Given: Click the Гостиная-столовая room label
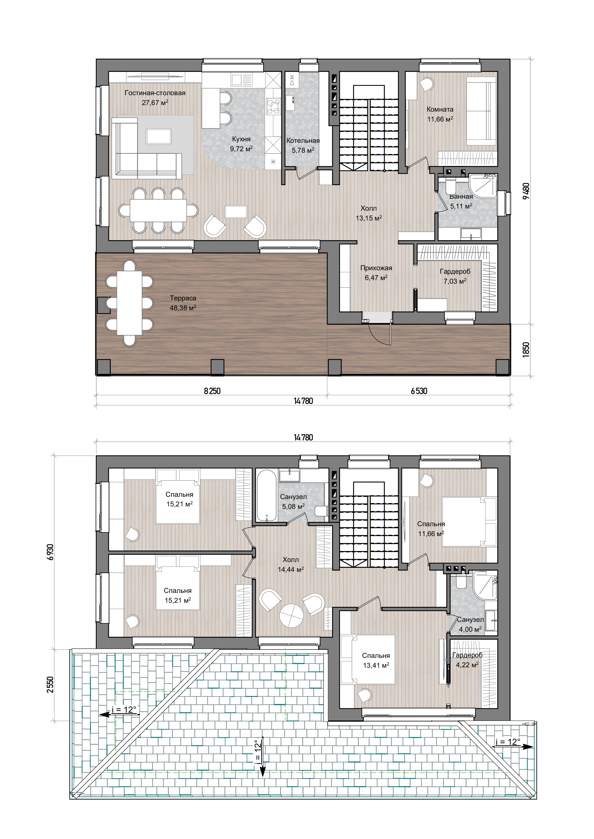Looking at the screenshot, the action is point(155,93).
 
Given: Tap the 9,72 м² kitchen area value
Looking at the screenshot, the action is point(241,149).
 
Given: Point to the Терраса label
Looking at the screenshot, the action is point(183,298).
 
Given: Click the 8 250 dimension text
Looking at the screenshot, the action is point(212,391).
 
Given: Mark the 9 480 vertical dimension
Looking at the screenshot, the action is point(526,191).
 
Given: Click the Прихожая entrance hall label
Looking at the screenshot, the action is point(376,268).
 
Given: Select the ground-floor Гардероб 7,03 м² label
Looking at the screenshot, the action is point(455,276).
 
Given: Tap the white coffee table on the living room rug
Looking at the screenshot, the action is point(158,136).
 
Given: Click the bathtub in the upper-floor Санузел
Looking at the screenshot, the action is point(266,495).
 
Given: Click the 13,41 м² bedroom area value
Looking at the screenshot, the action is point(376,665).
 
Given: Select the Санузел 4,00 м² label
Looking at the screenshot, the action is point(470,625).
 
